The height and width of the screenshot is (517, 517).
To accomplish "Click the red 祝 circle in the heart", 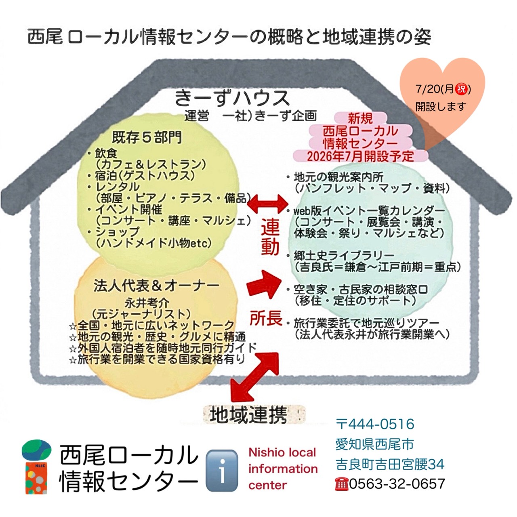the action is click(461, 89).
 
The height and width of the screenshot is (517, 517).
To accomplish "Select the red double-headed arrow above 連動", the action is click(267, 204).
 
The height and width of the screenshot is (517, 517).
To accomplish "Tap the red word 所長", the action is click(266, 319).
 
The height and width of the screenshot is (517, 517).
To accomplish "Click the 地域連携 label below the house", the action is click(248, 415).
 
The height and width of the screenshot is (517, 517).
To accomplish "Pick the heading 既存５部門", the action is click(147, 137).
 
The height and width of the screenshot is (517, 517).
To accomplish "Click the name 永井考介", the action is click(147, 303).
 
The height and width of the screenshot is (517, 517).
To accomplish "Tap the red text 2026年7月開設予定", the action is click(360, 156).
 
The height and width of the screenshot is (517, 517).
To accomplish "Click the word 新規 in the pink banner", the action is click(360, 118).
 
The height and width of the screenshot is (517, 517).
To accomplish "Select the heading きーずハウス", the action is click(232, 98).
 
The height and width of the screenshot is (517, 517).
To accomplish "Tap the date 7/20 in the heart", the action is click(428, 89).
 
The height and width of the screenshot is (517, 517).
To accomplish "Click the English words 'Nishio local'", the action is click(282, 453).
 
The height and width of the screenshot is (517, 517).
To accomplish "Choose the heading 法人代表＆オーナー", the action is click(156, 286).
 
